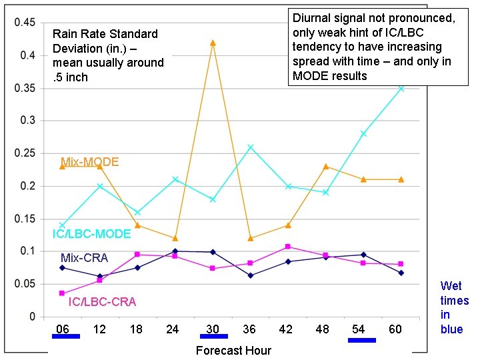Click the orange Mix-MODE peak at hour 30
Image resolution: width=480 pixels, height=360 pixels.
[213, 43]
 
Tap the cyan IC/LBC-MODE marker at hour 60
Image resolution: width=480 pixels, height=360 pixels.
[401, 88]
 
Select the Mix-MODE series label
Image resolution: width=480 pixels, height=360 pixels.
[89, 162]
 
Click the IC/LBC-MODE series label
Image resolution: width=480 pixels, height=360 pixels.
[91, 234]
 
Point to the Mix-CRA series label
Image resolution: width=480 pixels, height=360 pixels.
[84, 257]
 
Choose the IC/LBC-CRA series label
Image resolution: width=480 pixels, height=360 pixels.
[102, 302]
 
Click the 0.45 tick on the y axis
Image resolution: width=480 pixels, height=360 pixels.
[25, 23]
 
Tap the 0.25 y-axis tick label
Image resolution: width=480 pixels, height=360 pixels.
[25, 153]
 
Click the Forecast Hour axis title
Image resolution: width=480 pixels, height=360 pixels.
[233, 350]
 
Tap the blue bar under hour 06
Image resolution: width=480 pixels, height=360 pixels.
[66, 337]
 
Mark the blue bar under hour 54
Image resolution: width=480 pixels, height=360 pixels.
[362, 340]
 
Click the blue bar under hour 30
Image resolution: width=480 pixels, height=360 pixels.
[213, 337]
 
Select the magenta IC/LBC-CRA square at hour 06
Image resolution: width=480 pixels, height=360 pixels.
[62, 293]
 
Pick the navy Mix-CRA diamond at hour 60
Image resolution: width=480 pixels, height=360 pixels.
[401, 273]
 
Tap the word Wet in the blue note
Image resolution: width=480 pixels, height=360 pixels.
[451, 286]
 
